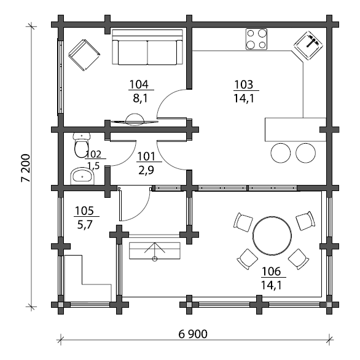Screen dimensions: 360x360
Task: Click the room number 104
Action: pyautogui.click(x=139, y=84)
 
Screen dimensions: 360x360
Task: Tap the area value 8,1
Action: pyautogui.click(x=140, y=98)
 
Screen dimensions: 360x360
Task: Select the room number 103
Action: pyautogui.click(x=244, y=85)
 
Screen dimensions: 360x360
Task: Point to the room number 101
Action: pyautogui.click(x=146, y=157)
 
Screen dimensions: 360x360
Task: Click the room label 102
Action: pyautogui.click(x=93, y=154)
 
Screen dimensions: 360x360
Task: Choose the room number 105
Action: pyautogui.click(x=84, y=211)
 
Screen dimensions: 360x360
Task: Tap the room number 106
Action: pyautogui.click(x=271, y=272)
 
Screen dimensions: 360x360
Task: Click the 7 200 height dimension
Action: pyautogui.click(x=25, y=168)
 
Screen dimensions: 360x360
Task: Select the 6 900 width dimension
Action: pyautogui.click(x=193, y=334)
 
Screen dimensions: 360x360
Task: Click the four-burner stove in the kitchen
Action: pyautogui.click(x=256, y=39)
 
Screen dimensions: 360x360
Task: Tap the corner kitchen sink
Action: pyautogui.click(x=308, y=45)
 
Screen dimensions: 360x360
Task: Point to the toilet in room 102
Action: pyautogui.click(x=81, y=145)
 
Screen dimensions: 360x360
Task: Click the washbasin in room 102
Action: pyautogui.click(x=82, y=176)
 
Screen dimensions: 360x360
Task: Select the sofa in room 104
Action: pyautogui.click(x=147, y=47)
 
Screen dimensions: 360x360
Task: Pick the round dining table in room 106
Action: pyautogui.click(x=272, y=235)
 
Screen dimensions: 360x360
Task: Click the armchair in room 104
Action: pyautogui.click(x=84, y=55)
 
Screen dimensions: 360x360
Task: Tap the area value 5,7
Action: pyautogui.click(x=85, y=225)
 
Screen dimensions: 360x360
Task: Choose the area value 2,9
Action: pyautogui.click(x=146, y=170)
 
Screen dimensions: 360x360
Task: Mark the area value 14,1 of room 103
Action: pyautogui.click(x=244, y=98)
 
